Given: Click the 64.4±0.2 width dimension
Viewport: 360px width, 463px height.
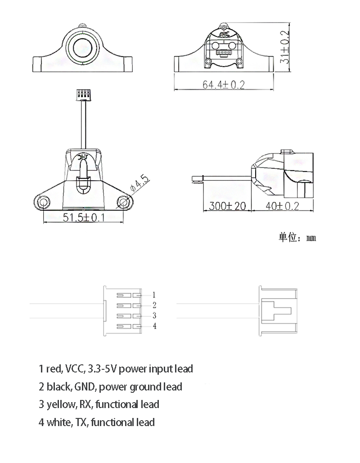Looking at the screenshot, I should coord(223,85).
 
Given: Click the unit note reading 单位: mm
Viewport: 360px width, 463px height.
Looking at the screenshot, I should coord(297,237).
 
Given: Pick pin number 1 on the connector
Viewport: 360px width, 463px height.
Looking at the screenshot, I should coord(153,295).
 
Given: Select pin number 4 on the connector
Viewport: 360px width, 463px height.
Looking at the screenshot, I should coord(154,326).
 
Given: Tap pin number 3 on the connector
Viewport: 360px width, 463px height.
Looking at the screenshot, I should coord(154,315).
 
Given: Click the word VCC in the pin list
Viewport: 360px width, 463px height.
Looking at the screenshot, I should coord(74,369).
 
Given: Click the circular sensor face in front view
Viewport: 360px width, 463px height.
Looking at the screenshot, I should coord(83,47).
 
